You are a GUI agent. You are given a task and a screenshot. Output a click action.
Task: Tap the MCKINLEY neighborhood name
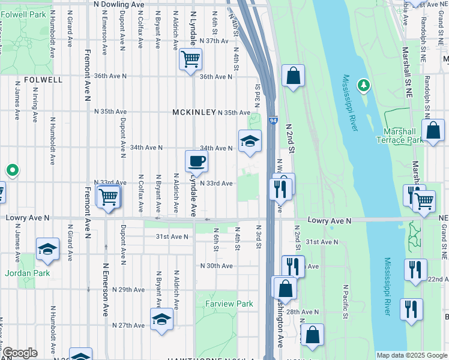tap(193, 112)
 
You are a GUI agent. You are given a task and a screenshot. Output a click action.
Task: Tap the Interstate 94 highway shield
tap(273, 121)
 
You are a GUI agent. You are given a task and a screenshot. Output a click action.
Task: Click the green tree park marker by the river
tap(363, 86)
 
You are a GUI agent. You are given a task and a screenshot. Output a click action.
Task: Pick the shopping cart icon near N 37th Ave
tap(190, 59)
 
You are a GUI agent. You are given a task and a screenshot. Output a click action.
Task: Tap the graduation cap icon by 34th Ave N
tap(250, 142)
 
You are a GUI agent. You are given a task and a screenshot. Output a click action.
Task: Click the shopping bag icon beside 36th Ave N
tap(293, 76)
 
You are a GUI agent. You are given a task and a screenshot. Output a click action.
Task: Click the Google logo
tap(20, 353)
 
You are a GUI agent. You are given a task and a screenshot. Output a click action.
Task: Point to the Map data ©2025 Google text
tap(411, 355)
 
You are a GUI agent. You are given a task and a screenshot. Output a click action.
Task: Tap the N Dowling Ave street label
tap(119, 4)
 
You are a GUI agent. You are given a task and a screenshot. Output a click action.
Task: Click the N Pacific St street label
tap(346, 301)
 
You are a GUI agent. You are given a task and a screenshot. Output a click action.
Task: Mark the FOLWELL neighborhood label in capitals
tap(43, 79)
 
